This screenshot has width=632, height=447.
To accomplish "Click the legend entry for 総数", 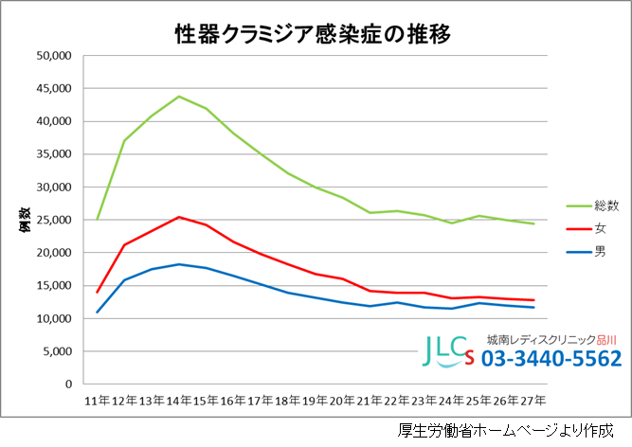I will coord(599,205).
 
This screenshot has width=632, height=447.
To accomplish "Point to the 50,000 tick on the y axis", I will coord(55,56).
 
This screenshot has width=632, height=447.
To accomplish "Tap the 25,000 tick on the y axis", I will coord(55,221).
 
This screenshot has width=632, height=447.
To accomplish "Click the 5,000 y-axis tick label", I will coord(59,351).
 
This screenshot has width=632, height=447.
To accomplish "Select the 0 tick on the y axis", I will coord(69,384).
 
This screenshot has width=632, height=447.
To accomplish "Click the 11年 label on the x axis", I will coord(97,402).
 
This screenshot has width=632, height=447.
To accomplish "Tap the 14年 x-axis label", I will coord(179,402).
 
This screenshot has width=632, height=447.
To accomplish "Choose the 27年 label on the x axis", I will coord(533,402).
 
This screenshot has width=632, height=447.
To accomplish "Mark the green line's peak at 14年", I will coord(179,97).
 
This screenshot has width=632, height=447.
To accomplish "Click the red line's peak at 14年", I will coord(179,217).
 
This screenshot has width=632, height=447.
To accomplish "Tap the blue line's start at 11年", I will coord(98,313).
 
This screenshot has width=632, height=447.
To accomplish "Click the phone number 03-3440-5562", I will coord(551,360).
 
